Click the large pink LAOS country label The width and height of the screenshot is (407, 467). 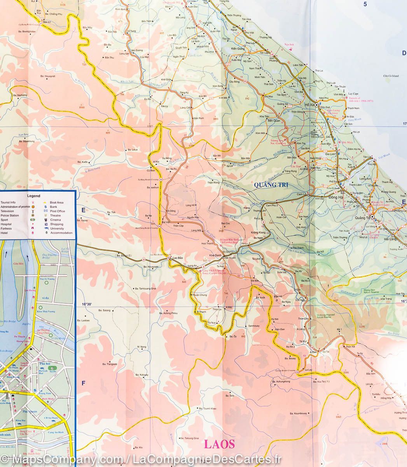coord(219,444)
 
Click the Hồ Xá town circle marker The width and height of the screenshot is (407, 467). coord(317,105)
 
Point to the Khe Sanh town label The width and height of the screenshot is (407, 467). coord(215,255)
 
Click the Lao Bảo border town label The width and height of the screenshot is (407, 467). coord(178,258)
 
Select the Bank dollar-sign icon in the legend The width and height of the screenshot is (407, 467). coord(45,207)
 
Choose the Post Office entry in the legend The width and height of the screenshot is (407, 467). coord(57,211)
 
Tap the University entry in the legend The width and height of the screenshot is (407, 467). coord(57,228)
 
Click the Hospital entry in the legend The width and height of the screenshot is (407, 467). coord(7,224)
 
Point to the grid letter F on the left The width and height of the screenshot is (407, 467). coord(83,383)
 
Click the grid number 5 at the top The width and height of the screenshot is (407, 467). coord(365,4)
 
